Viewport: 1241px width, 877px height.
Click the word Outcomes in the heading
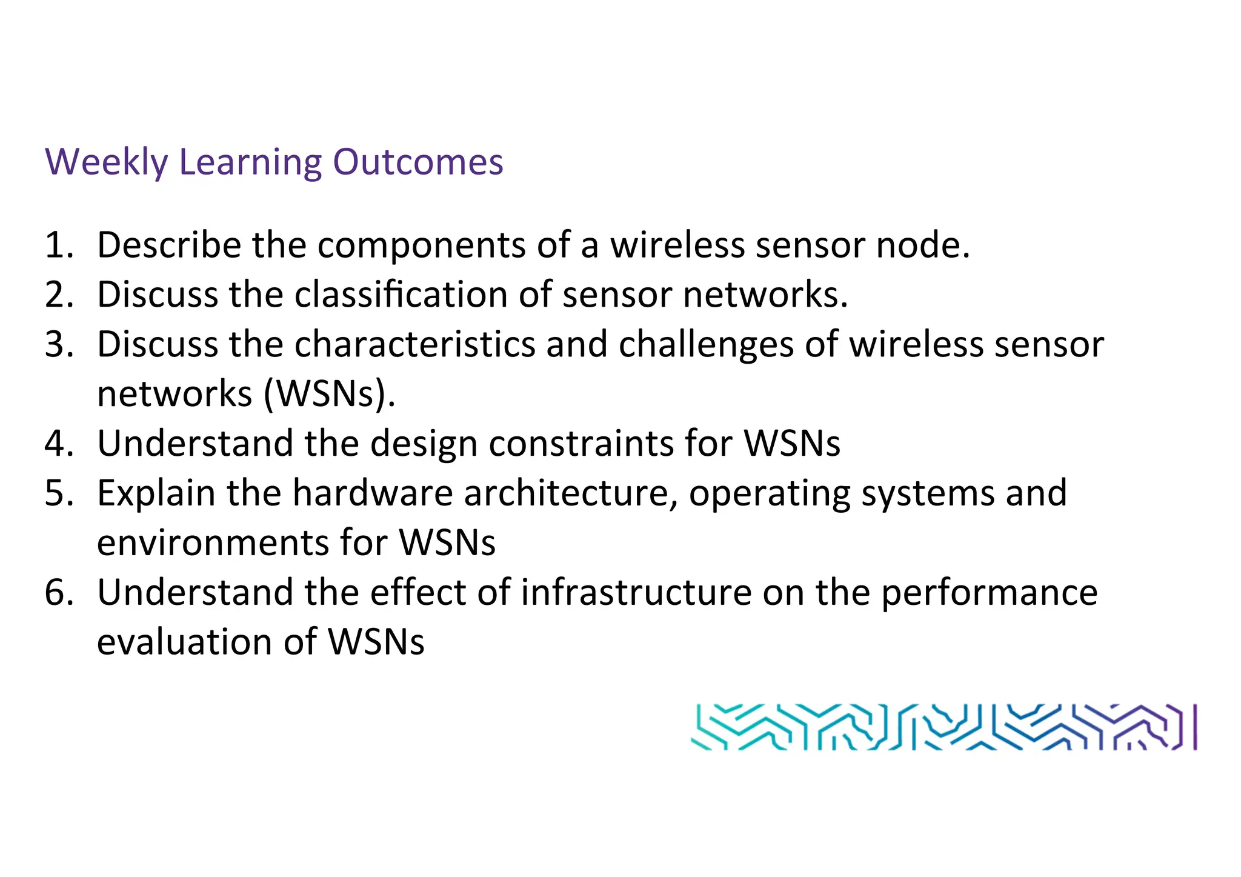click(x=418, y=162)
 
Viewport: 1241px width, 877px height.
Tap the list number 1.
click(x=58, y=245)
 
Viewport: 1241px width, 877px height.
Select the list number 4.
click(x=58, y=444)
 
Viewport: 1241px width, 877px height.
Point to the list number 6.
click(x=58, y=592)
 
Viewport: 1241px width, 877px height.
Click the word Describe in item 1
click(x=169, y=245)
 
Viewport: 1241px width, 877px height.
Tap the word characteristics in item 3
click(x=414, y=345)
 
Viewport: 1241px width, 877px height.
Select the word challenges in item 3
click(x=707, y=345)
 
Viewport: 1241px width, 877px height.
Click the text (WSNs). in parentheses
click(x=330, y=395)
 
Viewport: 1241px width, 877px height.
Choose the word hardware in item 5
click(x=373, y=493)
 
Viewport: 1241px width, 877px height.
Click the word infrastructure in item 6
click(x=636, y=592)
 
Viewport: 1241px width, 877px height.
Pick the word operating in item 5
click(x=770, y=493)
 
